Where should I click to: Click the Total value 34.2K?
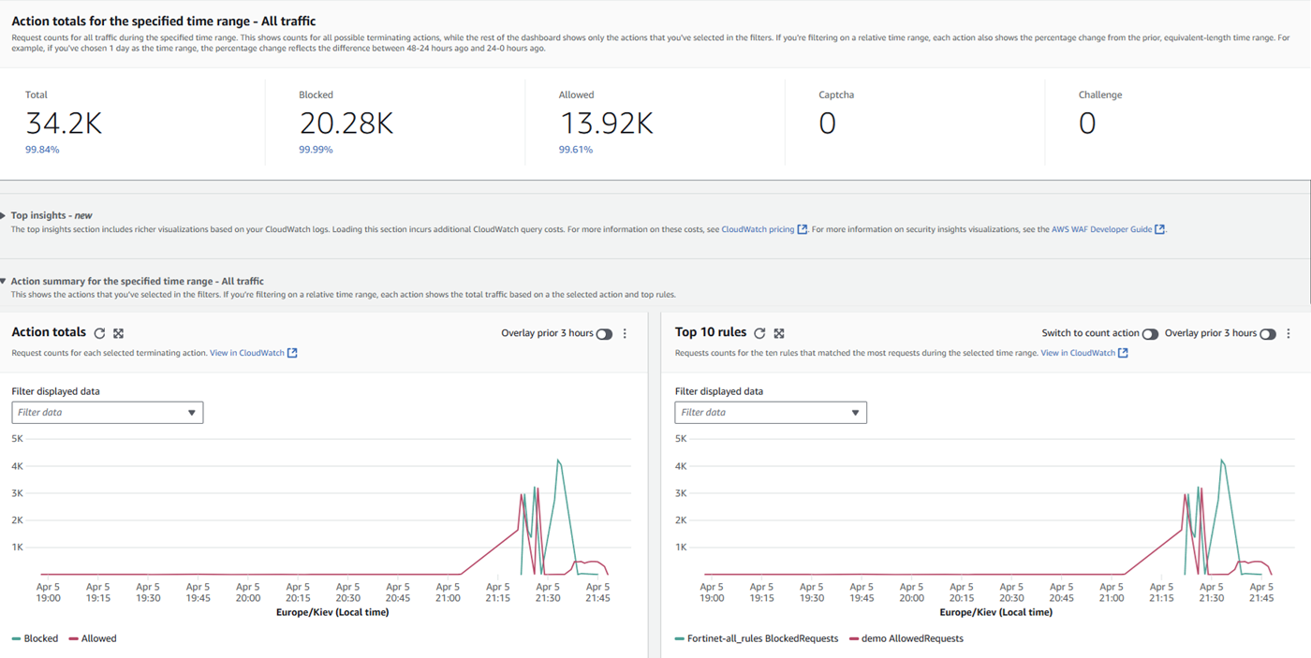[64, 124]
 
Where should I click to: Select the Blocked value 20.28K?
[346, 124]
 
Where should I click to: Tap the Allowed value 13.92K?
[606, 124]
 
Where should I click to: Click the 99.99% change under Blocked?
[316, 150]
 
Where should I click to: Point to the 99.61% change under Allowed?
[575, 150]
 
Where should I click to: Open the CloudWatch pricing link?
[758, 229]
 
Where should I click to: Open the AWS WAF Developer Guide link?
[1101, 229]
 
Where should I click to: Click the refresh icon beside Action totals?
[99, 333]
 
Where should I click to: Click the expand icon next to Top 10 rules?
[779, 333]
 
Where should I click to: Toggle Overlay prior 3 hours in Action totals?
[604, 334]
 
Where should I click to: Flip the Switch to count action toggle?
[1150, 334]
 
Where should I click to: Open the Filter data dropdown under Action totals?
[108, 413]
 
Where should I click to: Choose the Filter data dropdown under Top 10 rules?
[771, 413]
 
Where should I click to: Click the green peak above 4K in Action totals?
[558, 461]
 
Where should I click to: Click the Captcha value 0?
[827, 124]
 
